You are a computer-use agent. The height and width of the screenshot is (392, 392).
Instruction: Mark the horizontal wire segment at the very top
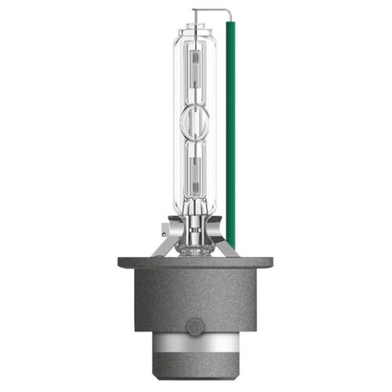click(x=210, y=11)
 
